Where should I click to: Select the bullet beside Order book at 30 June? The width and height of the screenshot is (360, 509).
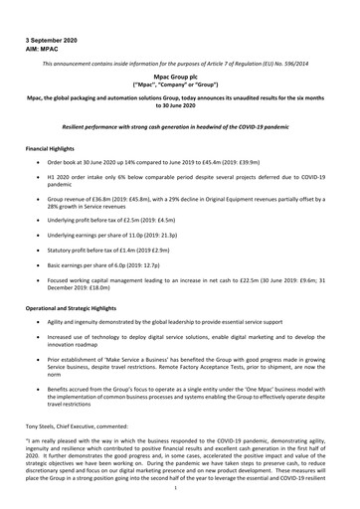pyautogui.click(x=39, y=161)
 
